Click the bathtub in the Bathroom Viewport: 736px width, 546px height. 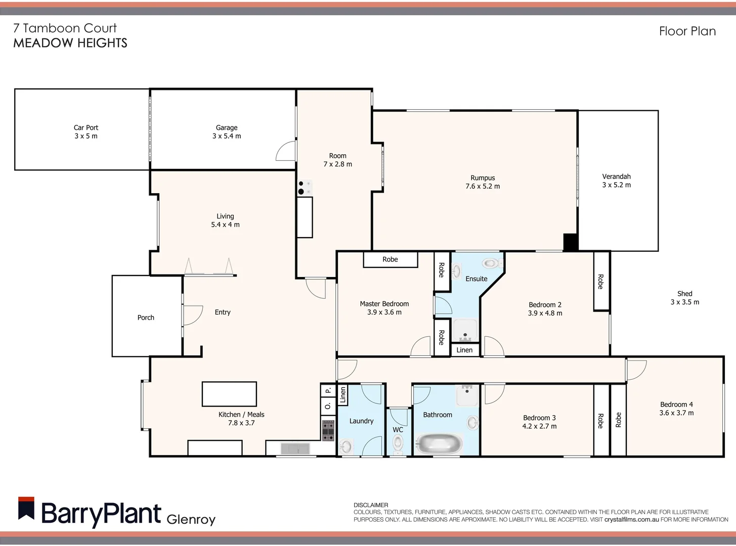(x=439, y=444)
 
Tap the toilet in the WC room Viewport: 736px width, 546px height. (x=398, y=444)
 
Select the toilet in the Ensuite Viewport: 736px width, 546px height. (x=490, y=263)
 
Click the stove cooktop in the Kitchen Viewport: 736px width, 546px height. (x=328, y=430)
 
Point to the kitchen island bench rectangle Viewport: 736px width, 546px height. (x=229, y=394)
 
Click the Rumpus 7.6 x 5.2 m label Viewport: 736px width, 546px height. (x=483, y=182)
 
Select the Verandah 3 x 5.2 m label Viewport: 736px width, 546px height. (x=616, y=180)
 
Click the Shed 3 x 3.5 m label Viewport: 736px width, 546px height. (x=684, y=298)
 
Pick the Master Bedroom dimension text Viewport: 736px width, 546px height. (x=384, y=312)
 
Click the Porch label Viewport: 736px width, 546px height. (x=146, y=317)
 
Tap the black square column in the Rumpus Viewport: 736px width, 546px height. (x=570, y=242)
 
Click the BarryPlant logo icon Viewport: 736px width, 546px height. (x=26, y=509)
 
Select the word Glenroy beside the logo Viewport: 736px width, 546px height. (x=191, y=519)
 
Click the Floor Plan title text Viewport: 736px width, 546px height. (x=687, y=31)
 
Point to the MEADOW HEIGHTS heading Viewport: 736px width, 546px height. (x=70, y=43)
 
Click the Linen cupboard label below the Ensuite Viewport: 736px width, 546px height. (x=464, y=350)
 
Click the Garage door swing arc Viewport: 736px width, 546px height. (x=285, y=151)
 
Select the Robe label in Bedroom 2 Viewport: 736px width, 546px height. (x=600, y=282)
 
